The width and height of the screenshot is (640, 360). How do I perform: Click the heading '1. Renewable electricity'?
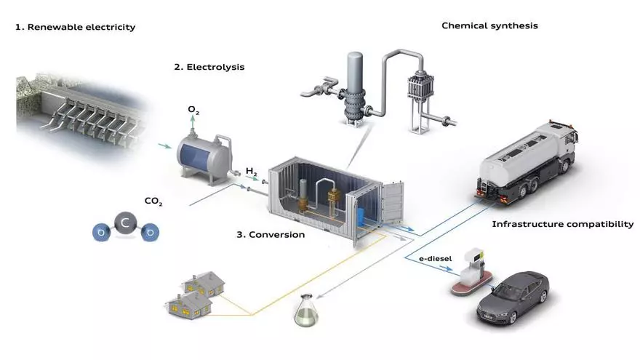[76, 28]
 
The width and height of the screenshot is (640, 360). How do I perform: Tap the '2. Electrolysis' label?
[209, 67]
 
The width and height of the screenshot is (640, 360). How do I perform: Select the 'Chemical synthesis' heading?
[489, 26]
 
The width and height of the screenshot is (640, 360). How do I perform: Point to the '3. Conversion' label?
[271, 235]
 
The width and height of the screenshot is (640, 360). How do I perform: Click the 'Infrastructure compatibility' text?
[563, 224]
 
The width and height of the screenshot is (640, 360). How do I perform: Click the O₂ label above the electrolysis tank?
[193, 110]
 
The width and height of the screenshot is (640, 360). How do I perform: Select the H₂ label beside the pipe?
[252, 171]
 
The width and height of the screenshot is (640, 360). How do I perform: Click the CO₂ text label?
[153, 201]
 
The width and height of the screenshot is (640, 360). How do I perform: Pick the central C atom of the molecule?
[125, 226]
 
